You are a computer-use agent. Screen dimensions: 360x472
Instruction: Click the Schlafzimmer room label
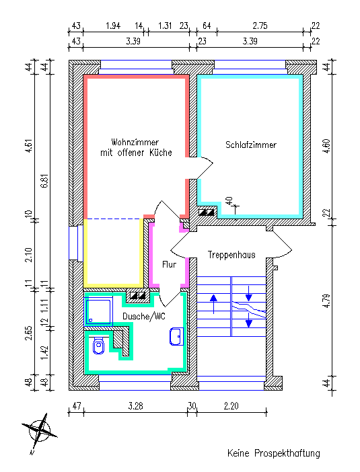point(250,145)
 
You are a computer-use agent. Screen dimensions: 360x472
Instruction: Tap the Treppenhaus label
point(231,255)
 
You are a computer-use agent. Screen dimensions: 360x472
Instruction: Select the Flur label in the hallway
point(169,265)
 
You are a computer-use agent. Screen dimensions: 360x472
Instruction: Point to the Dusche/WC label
point(144,316)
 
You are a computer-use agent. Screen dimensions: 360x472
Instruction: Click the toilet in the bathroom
point(98,345)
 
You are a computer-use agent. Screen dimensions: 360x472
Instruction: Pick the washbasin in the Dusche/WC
point(176,336)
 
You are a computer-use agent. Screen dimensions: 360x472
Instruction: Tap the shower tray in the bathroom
point(98,311)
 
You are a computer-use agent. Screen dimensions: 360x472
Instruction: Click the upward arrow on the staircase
point(213,304)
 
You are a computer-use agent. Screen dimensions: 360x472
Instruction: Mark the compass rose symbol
point(40,433)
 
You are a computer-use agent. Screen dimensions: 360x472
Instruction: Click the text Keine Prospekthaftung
point(274,453)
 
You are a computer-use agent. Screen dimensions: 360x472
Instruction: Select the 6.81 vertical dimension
point(45,182)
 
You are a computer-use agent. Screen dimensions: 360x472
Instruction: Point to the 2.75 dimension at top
point(260,26)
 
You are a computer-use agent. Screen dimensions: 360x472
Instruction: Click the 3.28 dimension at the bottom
point(135,406)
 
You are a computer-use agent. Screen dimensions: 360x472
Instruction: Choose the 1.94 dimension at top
point(113,26)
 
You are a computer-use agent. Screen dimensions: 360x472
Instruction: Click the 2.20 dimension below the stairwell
point(231,406)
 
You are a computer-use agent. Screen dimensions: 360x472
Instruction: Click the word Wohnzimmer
point(135,142)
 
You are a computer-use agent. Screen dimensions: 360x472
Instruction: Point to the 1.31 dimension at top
point(165,26)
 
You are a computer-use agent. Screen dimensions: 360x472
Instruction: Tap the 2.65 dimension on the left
point(29,333)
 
